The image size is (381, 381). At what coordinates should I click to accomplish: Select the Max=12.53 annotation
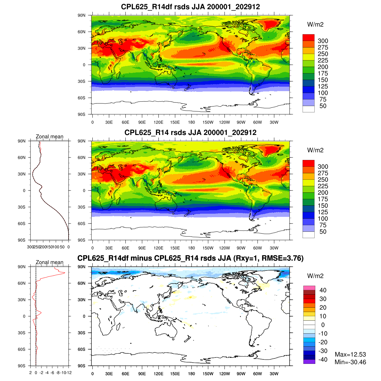pos(350,354)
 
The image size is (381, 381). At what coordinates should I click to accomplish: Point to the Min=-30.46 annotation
pos(350,362)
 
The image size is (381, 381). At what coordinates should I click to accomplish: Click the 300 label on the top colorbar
pos(323,41)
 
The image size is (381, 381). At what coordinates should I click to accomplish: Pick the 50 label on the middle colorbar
pos(323,232)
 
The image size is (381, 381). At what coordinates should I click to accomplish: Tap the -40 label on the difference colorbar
pos(323,360)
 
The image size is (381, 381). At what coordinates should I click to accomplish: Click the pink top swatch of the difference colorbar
pos(309,288)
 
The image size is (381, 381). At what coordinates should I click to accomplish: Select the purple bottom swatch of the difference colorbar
pos(309,362)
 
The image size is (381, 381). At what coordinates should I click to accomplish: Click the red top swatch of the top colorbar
pos(308,37)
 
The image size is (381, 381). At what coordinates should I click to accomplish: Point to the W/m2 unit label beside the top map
pos(315,24)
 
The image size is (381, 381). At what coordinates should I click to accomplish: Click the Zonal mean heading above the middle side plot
pos(50,137)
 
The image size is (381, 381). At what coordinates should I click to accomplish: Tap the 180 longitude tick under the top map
pos(191,122)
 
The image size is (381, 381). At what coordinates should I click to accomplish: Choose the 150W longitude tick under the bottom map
pos(208,374)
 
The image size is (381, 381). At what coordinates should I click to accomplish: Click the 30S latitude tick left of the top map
pos(82,81)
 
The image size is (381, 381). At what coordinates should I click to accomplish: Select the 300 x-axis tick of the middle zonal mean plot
pos(30,247)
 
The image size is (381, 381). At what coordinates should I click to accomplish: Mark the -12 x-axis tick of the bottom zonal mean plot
pos(69,372)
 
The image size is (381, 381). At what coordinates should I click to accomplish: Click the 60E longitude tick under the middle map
pos(125,248)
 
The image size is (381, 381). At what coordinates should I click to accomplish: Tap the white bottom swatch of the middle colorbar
pos(308,235)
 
